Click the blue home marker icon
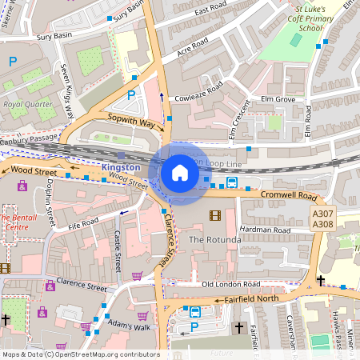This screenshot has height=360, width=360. (x=180, y=173)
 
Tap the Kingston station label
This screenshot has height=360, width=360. (x=122, y=167)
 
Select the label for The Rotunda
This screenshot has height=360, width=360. (x=214, y=240)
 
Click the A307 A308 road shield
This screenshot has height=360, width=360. (x=322, y=218)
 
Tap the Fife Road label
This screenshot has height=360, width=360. (x=83, y=222)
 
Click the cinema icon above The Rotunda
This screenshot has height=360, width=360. (x=214, y=215)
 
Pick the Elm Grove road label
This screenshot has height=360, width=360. (x=272, y=100)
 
